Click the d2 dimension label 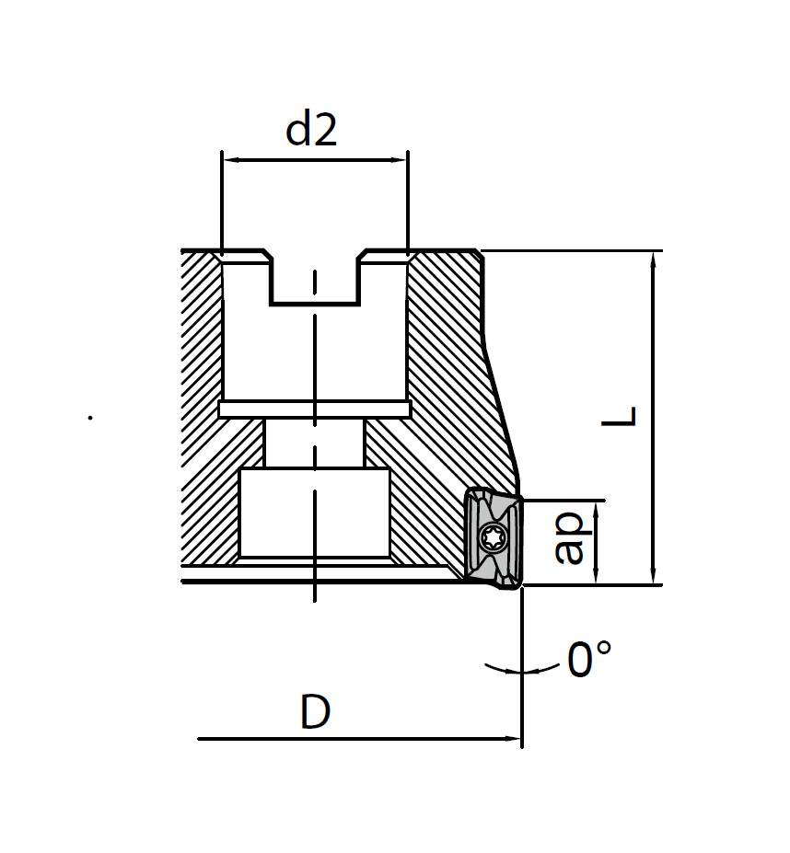pyautogui.click(x=312, y=130)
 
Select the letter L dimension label pyautogui.click(x=619, y=416)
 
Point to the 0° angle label pyautogui.click(x=589, y=660)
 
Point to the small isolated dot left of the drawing pyautogui.click(x=90, y=418)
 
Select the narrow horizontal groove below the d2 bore pyautogui.click(x=314, y=409)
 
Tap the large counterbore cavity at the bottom pyautogui.click(x=314, y=513)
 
